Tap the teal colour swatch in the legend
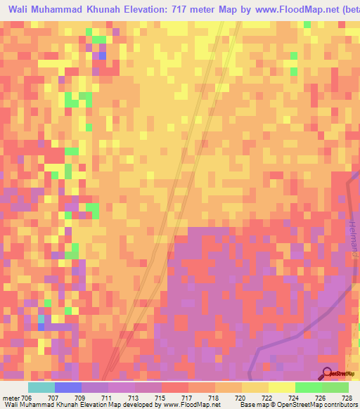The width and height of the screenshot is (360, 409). click(41, 387)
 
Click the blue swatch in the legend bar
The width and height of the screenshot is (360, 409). click(68, 387)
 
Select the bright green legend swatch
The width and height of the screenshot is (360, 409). click(309, 387)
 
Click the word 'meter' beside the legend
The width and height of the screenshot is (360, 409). click(10, 397)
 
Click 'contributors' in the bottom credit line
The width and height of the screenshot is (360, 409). click(340, 405)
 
